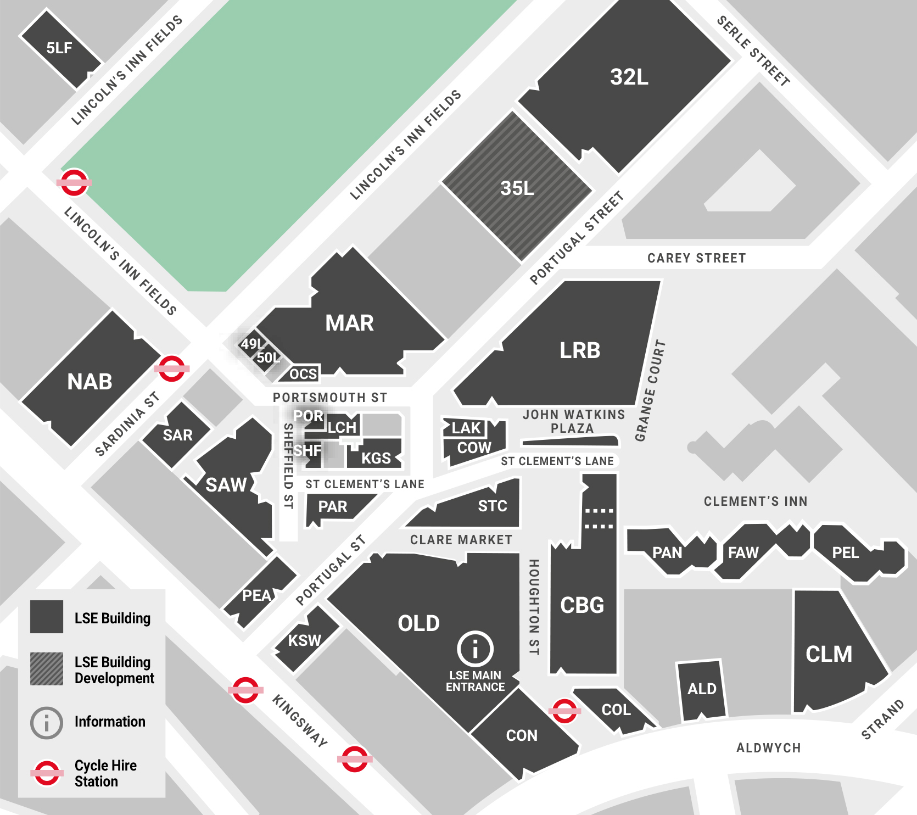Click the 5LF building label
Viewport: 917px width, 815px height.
pos(59,48)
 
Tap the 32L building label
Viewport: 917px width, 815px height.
pos(629,77)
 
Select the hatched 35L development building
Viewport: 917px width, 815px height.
pos(517,188)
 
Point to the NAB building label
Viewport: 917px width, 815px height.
pos(90,382)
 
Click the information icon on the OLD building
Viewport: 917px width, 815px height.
pos(475,649)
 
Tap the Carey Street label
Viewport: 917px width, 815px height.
pos(696,258)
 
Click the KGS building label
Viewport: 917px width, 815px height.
pos(376,458)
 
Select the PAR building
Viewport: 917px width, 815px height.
pos(333,507)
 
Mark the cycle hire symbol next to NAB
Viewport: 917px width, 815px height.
pos(172,369)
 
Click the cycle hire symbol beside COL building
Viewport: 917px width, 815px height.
pos(564,711)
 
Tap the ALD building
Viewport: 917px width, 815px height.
pos(701,689)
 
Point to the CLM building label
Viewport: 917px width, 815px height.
pos(829,654)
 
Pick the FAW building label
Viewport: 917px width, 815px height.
pos(743,552)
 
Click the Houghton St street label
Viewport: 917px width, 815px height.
pos(533,607)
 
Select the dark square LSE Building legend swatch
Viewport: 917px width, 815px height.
pos(47,617)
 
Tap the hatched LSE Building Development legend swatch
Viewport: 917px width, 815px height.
pos(47,669)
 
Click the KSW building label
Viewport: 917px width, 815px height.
pos(304,640)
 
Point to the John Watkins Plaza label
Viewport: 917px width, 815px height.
pos(573,421)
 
